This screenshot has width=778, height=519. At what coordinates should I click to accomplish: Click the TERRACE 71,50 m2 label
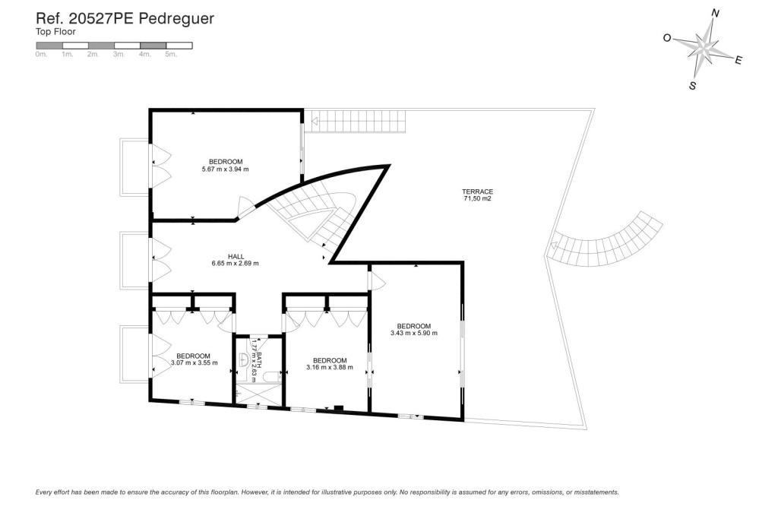click(478, 195)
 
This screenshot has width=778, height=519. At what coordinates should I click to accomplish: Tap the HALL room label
click(235, 260)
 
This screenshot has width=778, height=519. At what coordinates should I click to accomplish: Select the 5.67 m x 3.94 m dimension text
click(225, 169)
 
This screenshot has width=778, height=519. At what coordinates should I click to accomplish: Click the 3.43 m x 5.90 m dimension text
click(414, 333)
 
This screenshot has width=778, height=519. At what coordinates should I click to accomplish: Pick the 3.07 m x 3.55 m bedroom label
click(194, 359)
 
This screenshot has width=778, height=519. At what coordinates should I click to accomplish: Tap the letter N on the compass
click(715, 13)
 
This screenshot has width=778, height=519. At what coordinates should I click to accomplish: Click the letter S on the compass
click(692, 86)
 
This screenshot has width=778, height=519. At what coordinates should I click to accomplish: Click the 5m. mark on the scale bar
click(171, 55)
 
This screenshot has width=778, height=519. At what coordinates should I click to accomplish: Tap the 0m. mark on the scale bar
click(41, 55)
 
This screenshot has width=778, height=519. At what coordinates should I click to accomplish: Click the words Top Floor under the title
click(55, 32)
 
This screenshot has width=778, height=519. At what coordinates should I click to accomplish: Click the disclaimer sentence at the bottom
click(327, 492)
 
